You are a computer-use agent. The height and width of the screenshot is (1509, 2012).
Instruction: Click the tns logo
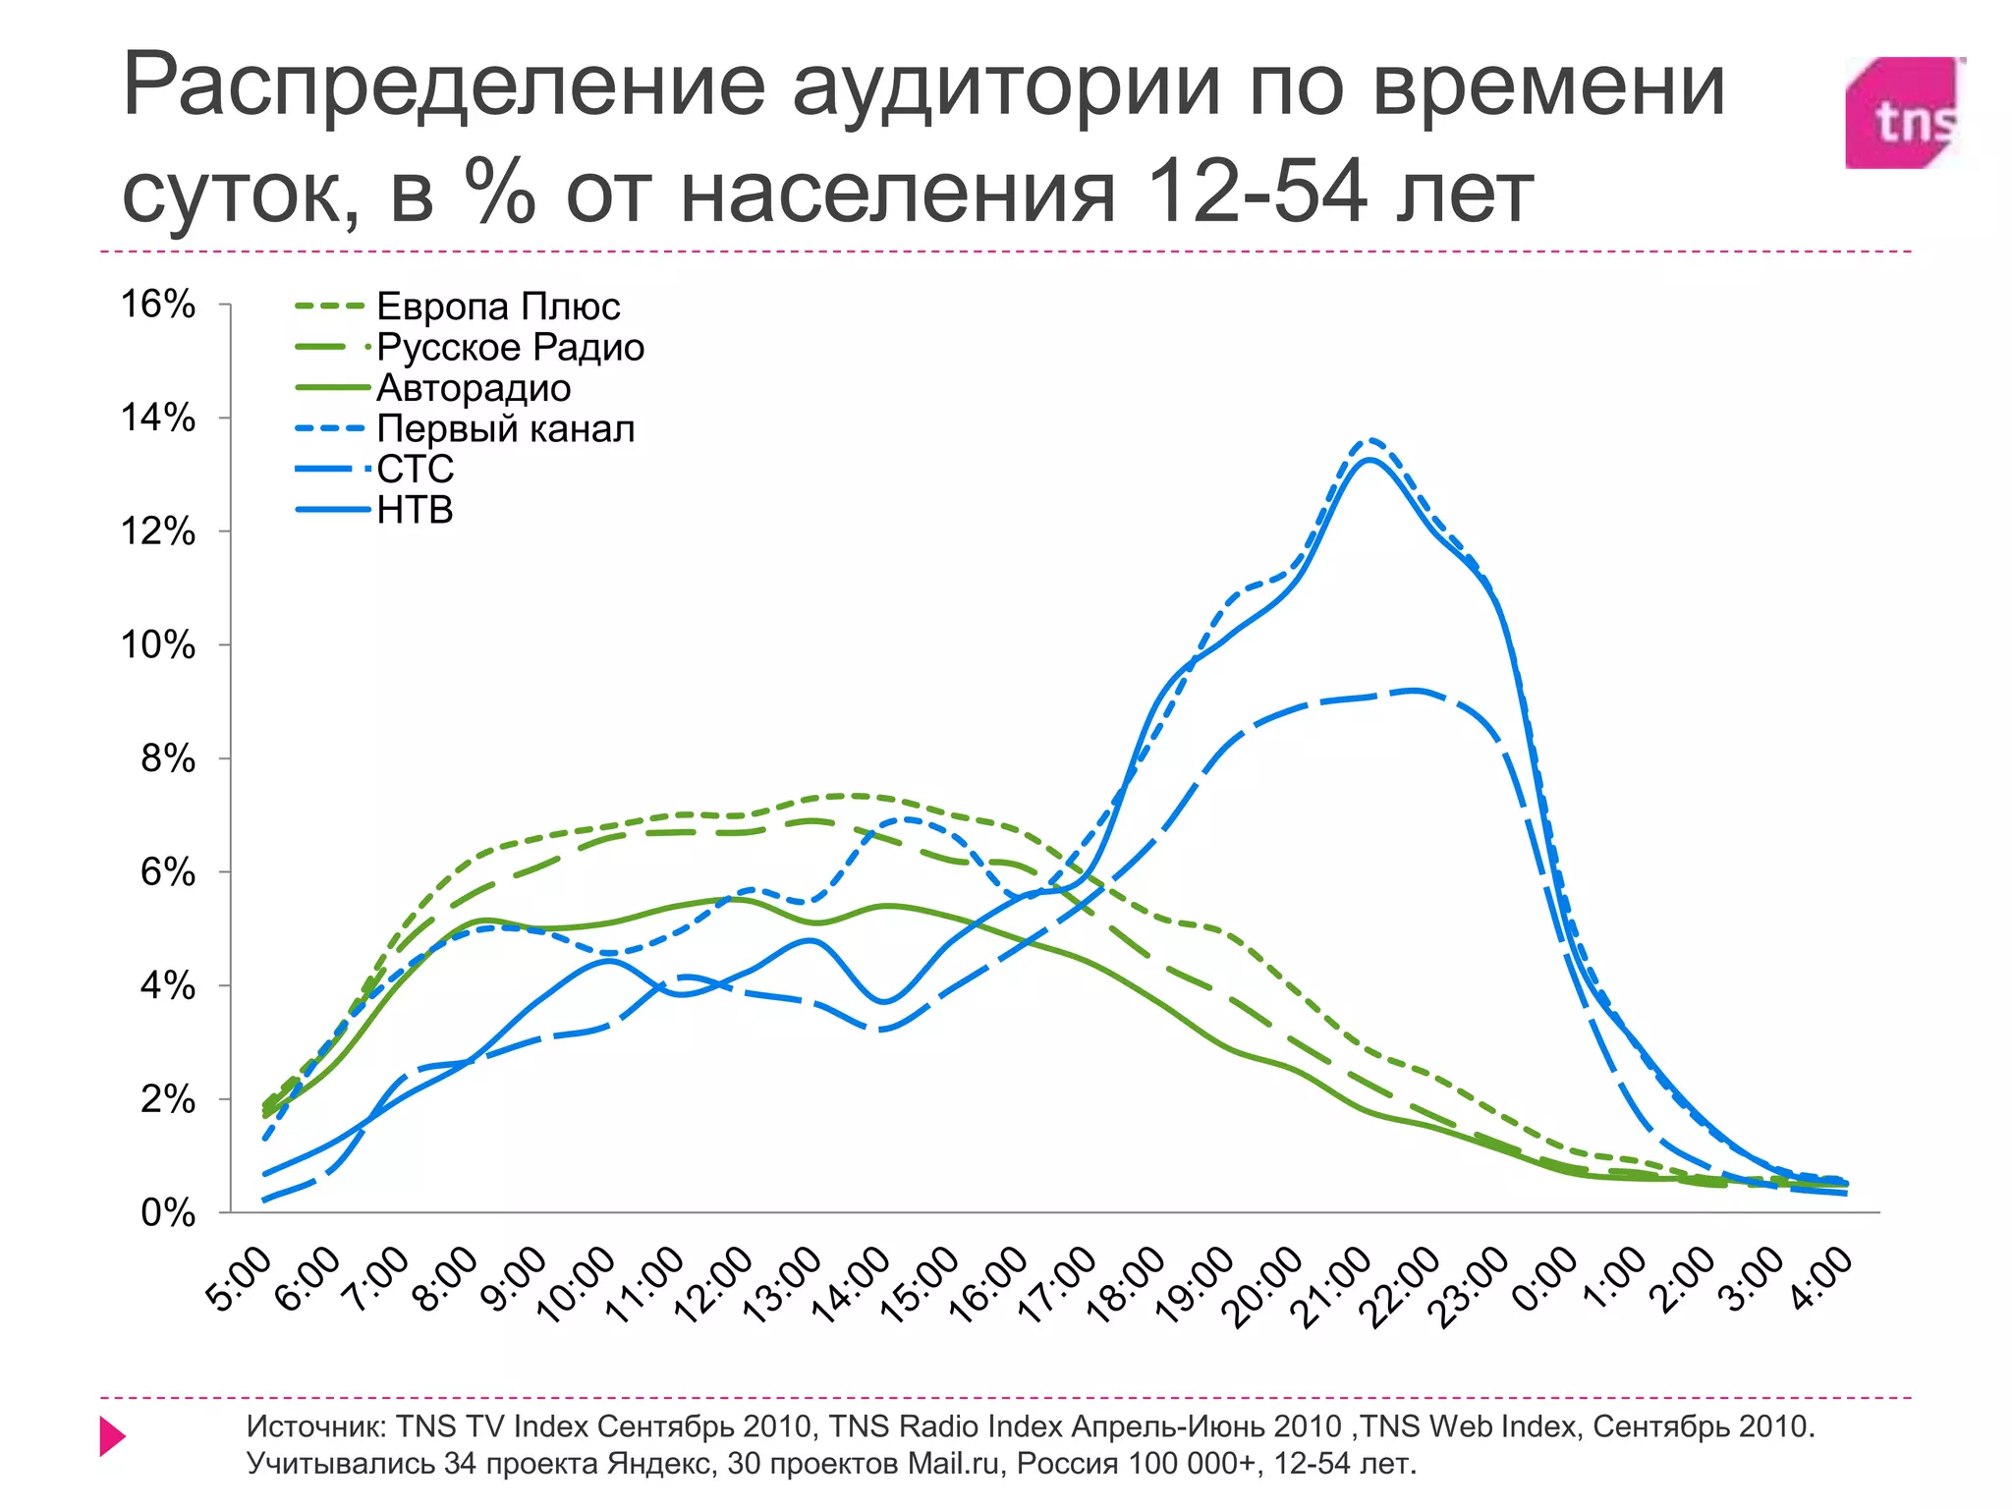[x=1903, y=113]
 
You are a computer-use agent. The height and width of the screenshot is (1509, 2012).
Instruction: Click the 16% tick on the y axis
[x=157, y=305]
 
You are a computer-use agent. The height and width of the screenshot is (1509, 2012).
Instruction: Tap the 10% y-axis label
[x=157, y=645]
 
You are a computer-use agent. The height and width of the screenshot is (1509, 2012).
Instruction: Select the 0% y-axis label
[x=167, y=1213]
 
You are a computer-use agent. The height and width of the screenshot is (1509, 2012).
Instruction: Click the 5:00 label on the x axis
[x=240, y=1279]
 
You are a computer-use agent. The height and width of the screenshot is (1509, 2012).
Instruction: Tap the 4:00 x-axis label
[x=1823, y=1279]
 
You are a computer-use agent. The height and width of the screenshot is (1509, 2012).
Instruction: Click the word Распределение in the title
[x=443, y=86]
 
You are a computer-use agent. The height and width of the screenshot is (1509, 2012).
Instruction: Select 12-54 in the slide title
[x=1257, y=192]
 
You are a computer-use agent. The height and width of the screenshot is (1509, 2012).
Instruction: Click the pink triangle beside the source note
[x=112, y=1437]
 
